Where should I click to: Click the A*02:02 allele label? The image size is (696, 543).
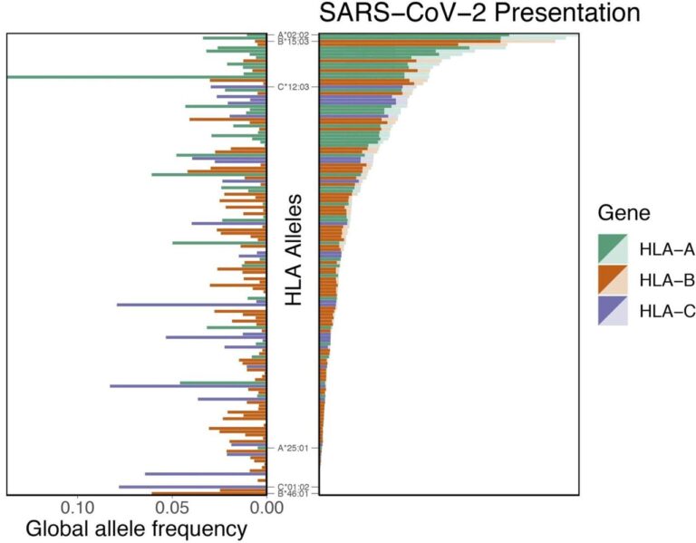point(294,35)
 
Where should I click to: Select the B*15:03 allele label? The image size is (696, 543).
point(294,42)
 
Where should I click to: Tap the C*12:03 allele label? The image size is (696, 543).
point(294,88)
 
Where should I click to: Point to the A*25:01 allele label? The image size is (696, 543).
point(294,447)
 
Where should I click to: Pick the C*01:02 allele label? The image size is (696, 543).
point(294,487)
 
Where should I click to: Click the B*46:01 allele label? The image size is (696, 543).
point(294,494)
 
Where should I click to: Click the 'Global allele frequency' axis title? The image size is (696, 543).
point(136,528)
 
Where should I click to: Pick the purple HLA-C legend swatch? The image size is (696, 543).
point(613,311)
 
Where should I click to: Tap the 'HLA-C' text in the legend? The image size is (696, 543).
point(667,311)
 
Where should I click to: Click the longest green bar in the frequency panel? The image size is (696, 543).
point(136,77)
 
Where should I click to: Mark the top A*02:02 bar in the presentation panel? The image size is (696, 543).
point(413,35)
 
